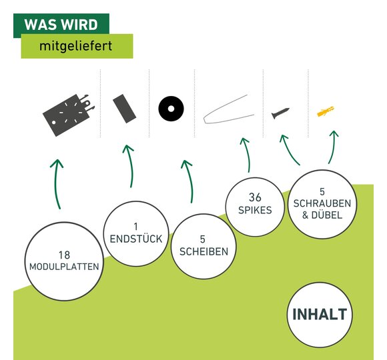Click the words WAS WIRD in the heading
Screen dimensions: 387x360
coord(61,25)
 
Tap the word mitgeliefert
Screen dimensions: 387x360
coord(76,46)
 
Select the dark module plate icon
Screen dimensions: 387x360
coord(69,115)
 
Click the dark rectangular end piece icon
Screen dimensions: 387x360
coord(124,109)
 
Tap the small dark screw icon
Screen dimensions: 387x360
coord(280,113)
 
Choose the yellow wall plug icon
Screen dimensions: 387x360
coord(326,112)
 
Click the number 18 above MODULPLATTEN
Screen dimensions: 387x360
coord(64,255)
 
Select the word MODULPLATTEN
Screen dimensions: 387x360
coord(64,267)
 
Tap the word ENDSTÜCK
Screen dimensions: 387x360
coord(136,239)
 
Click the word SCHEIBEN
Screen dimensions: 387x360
coord(204,252)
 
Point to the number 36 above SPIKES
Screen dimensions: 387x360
coord(255,197)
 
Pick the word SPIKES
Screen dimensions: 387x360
coord(255,210)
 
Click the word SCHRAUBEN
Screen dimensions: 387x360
coord(322,203)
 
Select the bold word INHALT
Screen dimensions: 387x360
coord(320,314)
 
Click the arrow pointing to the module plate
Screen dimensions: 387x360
coord(56,184)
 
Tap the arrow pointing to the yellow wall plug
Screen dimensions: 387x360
coord(332,147)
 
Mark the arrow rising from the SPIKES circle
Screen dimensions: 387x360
coord(248,154)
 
